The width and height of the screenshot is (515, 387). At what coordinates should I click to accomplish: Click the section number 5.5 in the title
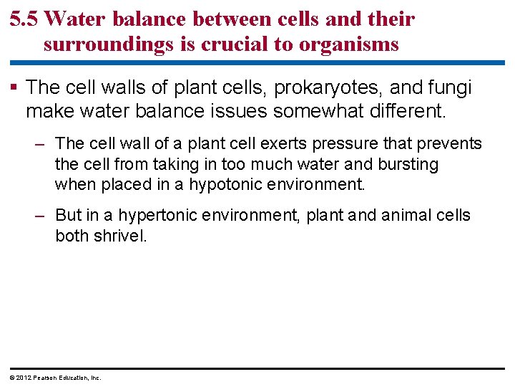point(26,19)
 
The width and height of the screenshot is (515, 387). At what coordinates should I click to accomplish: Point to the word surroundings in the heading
point(108,44)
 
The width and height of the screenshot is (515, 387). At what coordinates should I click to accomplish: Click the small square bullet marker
point(14,88)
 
